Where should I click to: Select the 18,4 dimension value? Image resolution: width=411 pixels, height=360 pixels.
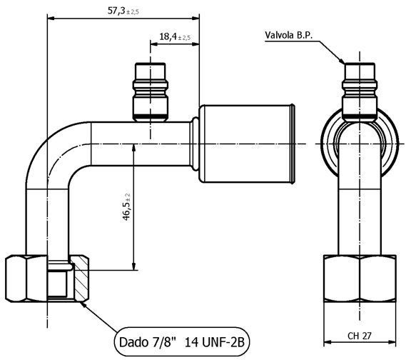(x=168, y=36)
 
